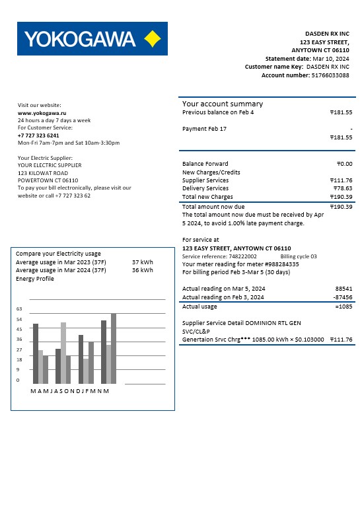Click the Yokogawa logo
tap(92, 38)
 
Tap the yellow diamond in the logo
tap(152, 38)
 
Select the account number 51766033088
tap(330, 75)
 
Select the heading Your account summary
tap(223, 104)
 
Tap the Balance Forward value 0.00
tap(344, 164)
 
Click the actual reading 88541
tap(343, 289)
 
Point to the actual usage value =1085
tap(343, 307)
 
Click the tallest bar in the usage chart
tap(114, 349)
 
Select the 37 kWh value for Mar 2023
tap(142, 262)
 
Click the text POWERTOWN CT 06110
tap(48, 180)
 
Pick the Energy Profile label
tap(34, 279)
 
